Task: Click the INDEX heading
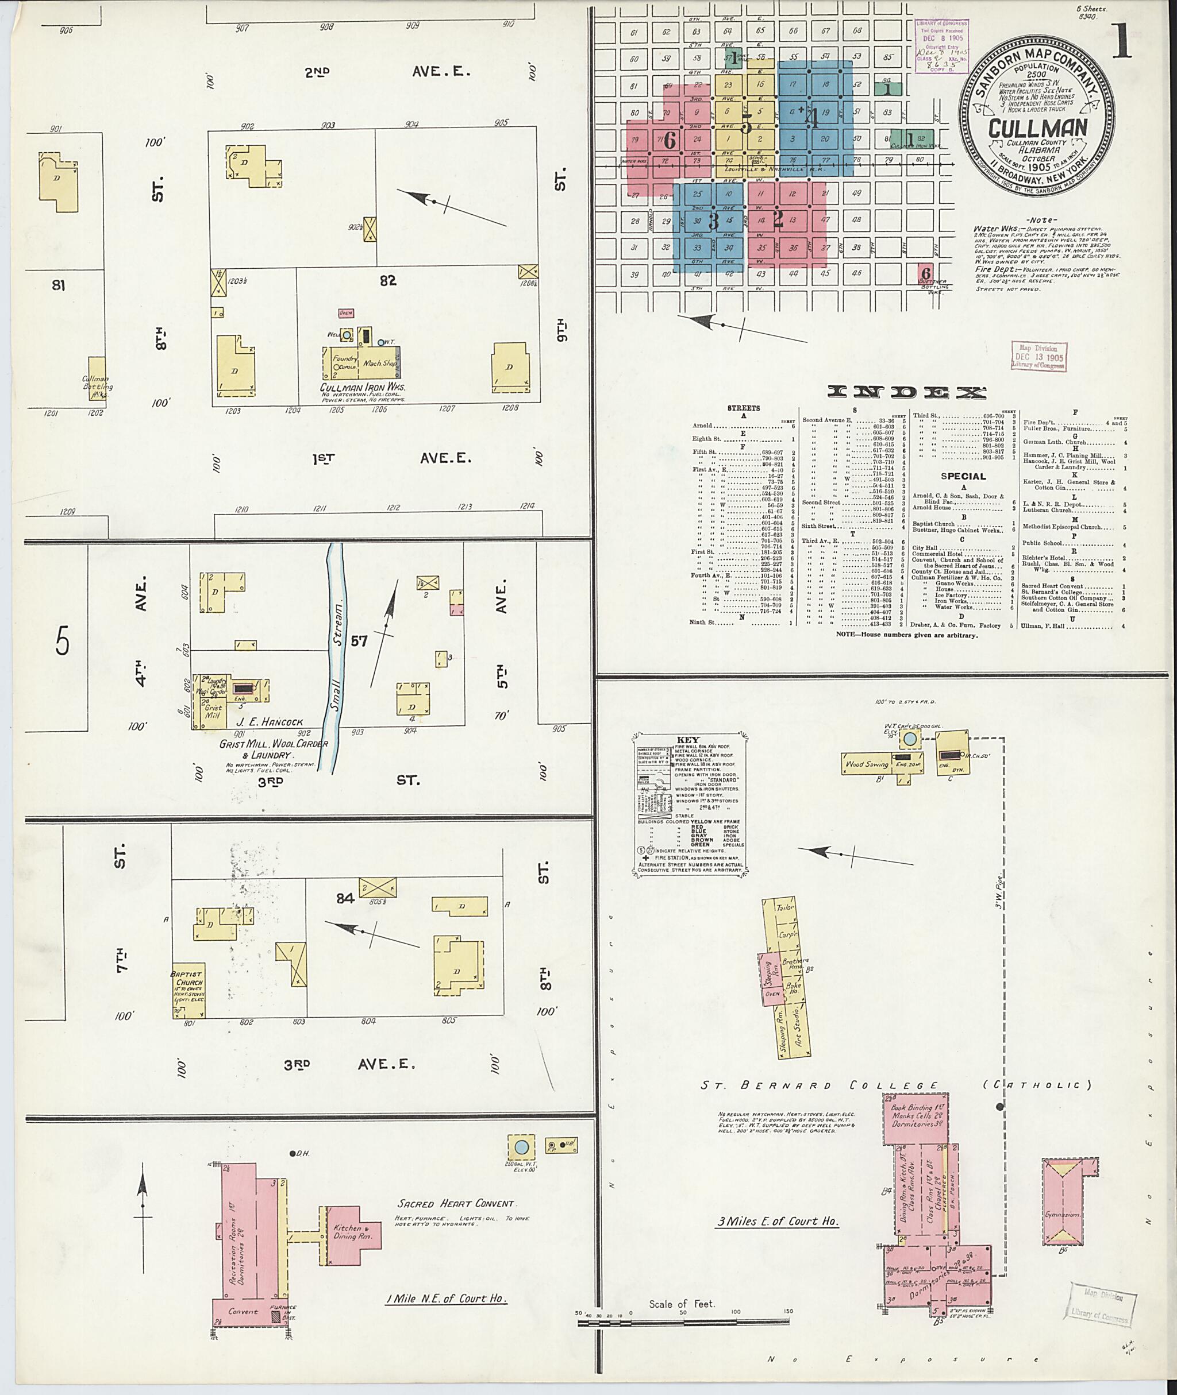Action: coord(906,393)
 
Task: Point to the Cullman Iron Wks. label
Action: coord(362,388)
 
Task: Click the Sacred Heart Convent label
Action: coord(455,1204)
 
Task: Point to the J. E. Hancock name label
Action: coord(270,721)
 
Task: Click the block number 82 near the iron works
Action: coord(388,281)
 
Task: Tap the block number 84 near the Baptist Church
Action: coord(345,898)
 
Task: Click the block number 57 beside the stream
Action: coord(359,641)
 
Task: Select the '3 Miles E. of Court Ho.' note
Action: coord(778,1222)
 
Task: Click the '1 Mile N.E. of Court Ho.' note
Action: coord(447,1299)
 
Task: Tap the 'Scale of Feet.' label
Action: coord(681,1304)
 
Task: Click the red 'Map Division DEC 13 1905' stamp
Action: coord(1038,357)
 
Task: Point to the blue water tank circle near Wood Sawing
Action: coord(909,738)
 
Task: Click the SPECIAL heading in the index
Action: coord(963,476)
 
